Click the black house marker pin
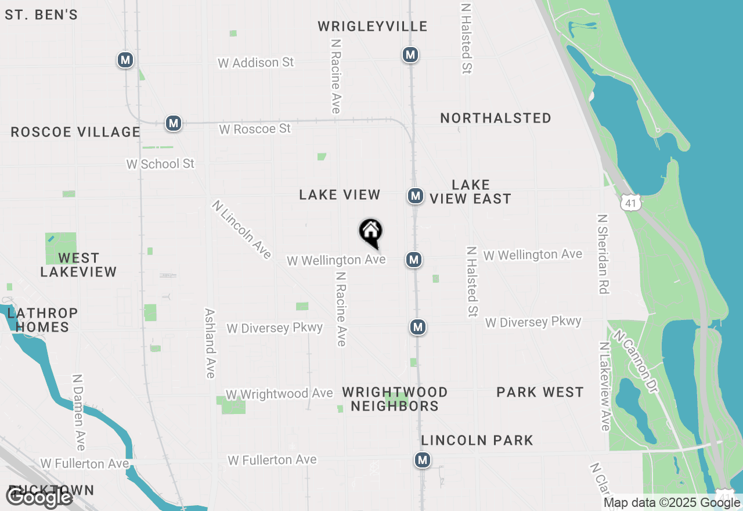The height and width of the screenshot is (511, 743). (x=370, y=232)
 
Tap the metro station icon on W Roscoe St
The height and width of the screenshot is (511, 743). (x=173, y=123)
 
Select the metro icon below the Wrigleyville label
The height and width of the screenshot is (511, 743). (x=411, y=55)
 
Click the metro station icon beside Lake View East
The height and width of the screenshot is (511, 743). (x=415, y=196)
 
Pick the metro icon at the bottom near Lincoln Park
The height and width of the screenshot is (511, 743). (x=422, y=460)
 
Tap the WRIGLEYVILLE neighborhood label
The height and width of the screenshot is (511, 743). (x=373, y=27)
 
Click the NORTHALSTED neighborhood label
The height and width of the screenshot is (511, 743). (x=495, y=118)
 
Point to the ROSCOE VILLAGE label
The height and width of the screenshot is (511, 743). (x=75, y=132)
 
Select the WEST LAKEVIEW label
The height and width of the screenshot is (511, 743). (x=78, y=265)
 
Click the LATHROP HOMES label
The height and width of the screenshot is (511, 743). (x=42, y=320)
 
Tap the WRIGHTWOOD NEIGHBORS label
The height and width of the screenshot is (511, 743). (x=395, y=399)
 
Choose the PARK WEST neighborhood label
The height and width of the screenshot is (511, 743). (x=540, y=393)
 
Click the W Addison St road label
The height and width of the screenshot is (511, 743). (x=256, y=63)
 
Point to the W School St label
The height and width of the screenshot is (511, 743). (x=160, y=164)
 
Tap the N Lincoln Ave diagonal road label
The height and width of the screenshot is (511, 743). (x=241, y=229)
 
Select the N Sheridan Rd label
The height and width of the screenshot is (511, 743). (x=603, y=254)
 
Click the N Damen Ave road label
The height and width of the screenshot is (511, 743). (x=79, y=412)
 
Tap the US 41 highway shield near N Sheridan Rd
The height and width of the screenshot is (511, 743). (x=630, y=202)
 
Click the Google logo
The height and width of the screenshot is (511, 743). (x=39, y=497)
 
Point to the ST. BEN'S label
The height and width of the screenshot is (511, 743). (x=41, y=15)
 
